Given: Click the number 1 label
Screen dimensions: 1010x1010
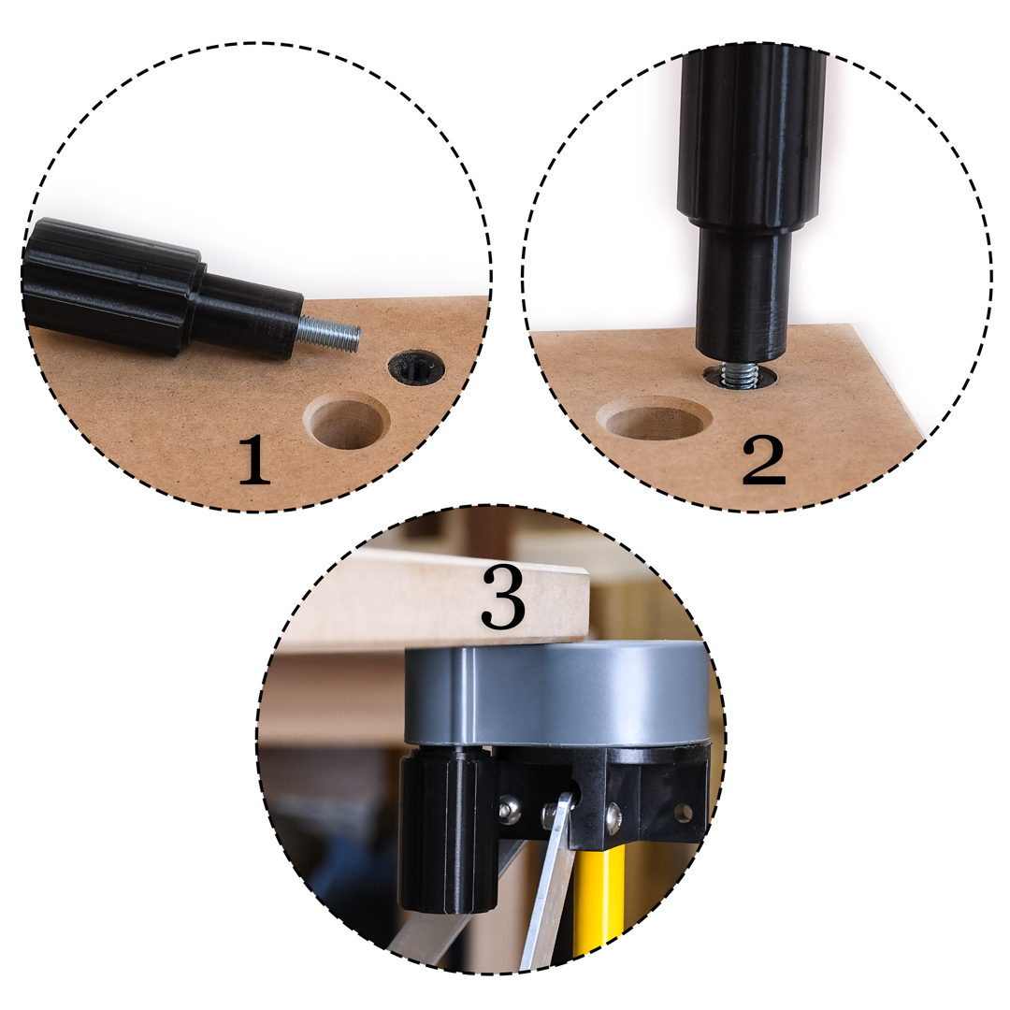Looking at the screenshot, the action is click(253, 460).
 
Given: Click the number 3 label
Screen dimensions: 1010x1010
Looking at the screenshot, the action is click(503, 597).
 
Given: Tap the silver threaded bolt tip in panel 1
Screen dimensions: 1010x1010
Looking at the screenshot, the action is click(328, 335).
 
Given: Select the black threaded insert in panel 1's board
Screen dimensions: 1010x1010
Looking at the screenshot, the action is click(417, 368).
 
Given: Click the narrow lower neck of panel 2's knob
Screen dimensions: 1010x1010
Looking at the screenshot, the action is click(742, 291).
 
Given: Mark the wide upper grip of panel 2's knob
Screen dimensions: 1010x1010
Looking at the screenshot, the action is click(752, 137).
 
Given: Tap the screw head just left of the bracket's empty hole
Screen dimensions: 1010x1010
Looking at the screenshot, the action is click(613, 818).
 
